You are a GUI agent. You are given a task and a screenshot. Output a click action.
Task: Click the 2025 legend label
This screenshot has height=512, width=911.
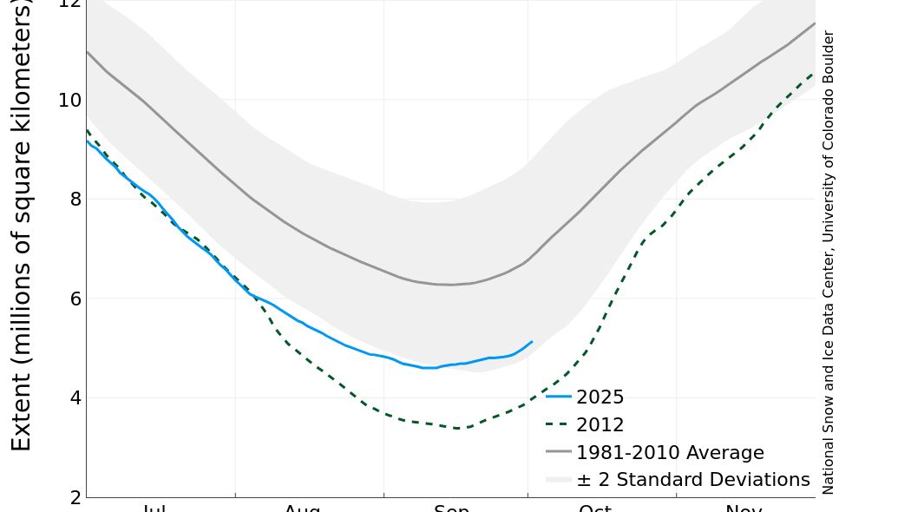600,397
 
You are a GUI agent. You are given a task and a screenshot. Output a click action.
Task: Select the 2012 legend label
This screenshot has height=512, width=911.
600,425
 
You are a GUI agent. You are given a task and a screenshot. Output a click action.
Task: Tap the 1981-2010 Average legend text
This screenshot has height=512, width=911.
670,453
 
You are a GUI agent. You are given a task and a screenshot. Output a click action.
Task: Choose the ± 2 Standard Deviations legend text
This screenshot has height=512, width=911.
692,480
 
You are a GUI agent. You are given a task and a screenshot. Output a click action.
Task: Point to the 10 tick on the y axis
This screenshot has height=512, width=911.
69,100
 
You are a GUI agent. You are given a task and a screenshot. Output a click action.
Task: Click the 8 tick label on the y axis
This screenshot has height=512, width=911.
75,199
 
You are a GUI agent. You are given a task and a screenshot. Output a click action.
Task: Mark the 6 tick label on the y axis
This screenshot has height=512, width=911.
75,299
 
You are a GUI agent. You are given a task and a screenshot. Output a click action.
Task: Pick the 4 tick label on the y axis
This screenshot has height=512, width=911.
75,397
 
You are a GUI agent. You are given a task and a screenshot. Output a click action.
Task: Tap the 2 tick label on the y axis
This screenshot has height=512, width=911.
75,496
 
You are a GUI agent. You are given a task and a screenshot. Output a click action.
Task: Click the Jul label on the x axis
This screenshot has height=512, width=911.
154,508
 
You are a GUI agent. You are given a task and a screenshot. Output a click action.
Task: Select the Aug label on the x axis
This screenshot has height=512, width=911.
302,508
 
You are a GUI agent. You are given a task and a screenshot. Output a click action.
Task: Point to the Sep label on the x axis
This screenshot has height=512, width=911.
451,508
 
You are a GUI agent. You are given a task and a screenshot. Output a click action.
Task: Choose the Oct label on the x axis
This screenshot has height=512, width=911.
595,508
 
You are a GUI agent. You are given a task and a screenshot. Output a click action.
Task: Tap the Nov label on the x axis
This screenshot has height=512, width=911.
744,508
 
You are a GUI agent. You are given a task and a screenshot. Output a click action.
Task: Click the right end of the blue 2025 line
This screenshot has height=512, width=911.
532,342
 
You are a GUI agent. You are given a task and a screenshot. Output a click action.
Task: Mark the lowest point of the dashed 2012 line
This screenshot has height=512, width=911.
459,428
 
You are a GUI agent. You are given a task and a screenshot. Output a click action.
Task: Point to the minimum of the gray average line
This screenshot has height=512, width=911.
451,285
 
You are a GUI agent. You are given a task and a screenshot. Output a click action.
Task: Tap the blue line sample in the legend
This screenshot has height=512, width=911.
559,397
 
